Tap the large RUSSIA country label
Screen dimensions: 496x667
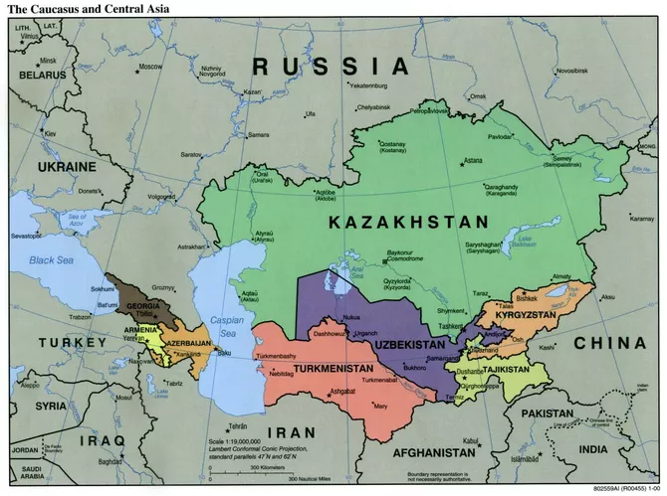[331, 66]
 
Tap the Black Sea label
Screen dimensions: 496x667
[52, 259]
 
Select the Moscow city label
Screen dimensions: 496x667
[149, 67]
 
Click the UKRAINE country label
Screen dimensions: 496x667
[66, 166]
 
